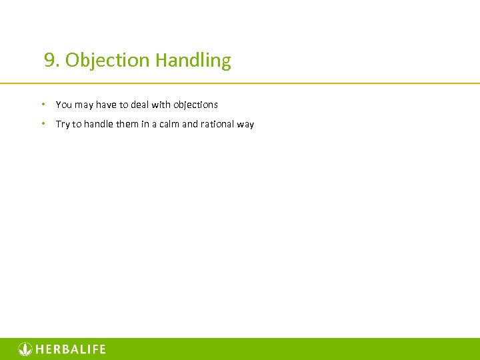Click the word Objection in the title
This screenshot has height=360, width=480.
(x=107, y=61)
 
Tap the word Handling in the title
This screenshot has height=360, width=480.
(x=193, y=61)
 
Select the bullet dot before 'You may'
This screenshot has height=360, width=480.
(x=43, y=104)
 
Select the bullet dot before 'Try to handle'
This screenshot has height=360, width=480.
(x=43, y=123)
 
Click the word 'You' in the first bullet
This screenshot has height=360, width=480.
(x=64, y=105)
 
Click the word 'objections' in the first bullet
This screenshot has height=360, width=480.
(x=195, y=105)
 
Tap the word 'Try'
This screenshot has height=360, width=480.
(x=63, y=124)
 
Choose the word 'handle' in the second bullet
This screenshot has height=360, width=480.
(x=98, y=124)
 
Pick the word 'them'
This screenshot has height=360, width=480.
(x=127, y=124)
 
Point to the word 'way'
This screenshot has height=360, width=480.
(x=246, y=124)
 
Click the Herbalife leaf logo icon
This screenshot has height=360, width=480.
(x=25, y=349)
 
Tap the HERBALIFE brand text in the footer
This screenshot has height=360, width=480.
(x=71, y=349)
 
